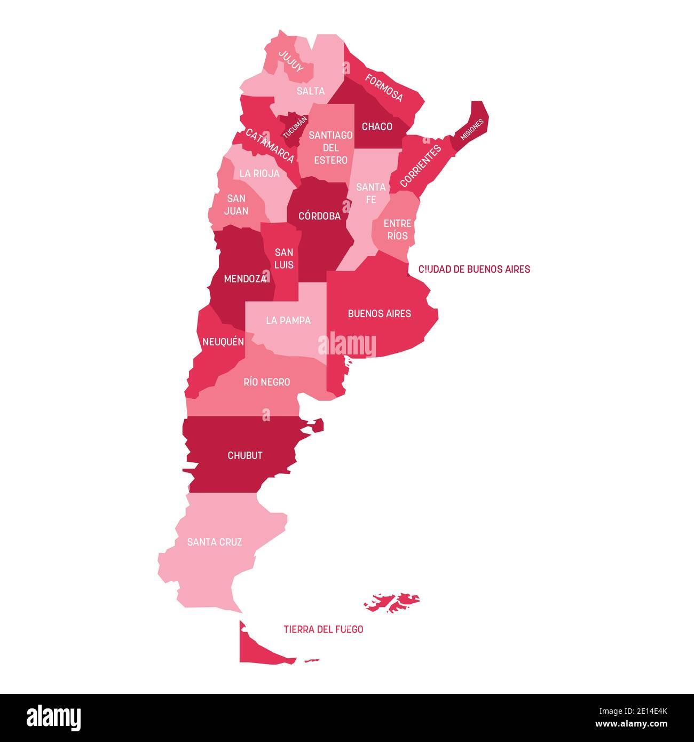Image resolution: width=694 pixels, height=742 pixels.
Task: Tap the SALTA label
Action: pyautogui.click(x=311, y=91)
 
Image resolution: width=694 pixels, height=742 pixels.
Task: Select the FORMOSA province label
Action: pyautogui.click(x=384, y=88)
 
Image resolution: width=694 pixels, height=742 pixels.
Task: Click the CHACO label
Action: pyautogui.click(x=377, y=127)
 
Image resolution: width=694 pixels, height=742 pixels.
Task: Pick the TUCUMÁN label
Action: pyautogui.click(x=295, y=128)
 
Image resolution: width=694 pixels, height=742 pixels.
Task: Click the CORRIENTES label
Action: pyautogui.click(x=421, y=165)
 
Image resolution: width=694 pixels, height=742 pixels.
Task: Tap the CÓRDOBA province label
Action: pyautogui.click(x=319, y=216)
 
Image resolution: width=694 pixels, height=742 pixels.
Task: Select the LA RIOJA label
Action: pyautogui.click(x=259, y=173)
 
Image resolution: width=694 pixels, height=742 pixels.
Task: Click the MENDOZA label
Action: pyautogui.click(x=245, y=279)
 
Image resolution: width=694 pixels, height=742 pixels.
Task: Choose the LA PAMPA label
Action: pyautogui.click(x=288, y=320)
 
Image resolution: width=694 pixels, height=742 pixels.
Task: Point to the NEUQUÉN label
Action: pyautogui.click(x=223, y=342)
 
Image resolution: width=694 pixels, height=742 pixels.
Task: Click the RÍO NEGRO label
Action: pyautogui.click(x=267, y=382)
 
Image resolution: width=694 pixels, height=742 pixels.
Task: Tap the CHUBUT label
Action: pyautogui.click(x=245, y=455)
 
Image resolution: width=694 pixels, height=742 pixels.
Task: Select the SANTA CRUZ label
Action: pyautogui.click(x=215, y=542)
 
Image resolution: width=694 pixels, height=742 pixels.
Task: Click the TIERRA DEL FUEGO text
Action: pyautogui.click(x=324, y=629)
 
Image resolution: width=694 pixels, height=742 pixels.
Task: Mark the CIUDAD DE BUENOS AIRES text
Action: pyautogui.click(x=474, y=269)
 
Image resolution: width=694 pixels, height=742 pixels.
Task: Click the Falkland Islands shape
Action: pyautogui.click(x=393, y=602)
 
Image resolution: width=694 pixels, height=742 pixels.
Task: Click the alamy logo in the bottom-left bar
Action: pyautogui.click(x=54, y=718)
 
